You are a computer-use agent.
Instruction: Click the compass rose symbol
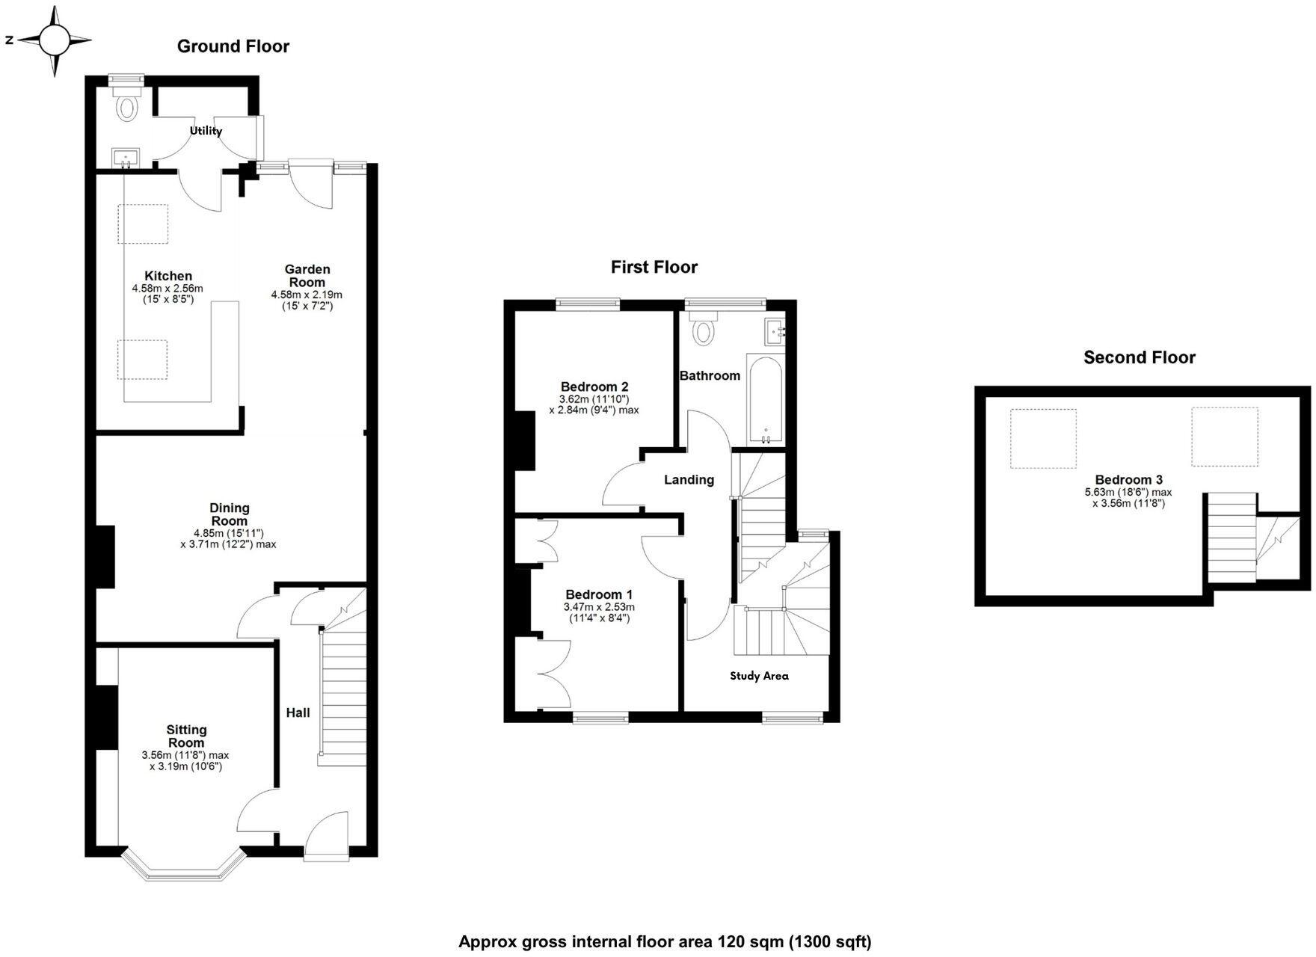tap(55, 40)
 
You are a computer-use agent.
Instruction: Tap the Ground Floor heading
tap(233, 46)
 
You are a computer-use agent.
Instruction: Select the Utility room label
tap(206, 131)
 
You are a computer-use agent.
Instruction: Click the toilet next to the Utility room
tap(127, 108)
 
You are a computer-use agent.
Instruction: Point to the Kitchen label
tap(168, 276)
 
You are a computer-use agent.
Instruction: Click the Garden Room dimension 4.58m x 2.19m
tap(307, 295)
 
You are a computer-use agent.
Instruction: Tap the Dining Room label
tap(230, 514)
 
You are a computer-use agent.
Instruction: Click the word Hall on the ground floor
tap(298, 713)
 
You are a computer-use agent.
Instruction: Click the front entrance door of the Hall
tap(327, 837)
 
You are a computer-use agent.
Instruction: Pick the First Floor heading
tap(654, 267)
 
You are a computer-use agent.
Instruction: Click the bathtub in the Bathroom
tap(765, 400)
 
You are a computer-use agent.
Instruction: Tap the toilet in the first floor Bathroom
tap(703, 330)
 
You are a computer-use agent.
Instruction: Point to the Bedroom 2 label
tap(594, 387)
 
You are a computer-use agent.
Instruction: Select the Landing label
tap(689, 480)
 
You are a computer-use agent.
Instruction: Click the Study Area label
tap(759, 676)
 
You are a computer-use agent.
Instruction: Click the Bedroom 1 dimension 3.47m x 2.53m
tap(599, 607)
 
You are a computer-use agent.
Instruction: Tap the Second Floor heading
tap(1139, 357)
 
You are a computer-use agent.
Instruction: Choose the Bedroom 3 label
tap(1128, 480)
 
